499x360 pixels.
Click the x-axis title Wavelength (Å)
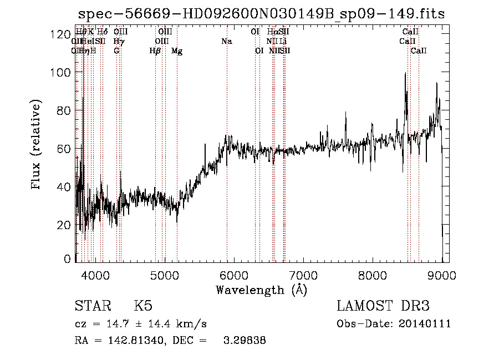click(x=261, y=290)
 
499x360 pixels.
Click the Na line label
click(x=226, y=42)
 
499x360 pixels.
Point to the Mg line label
click(x=177, y=51)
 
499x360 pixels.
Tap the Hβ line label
click(x=155, y=51)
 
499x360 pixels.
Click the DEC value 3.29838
click(x=244, y=341)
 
